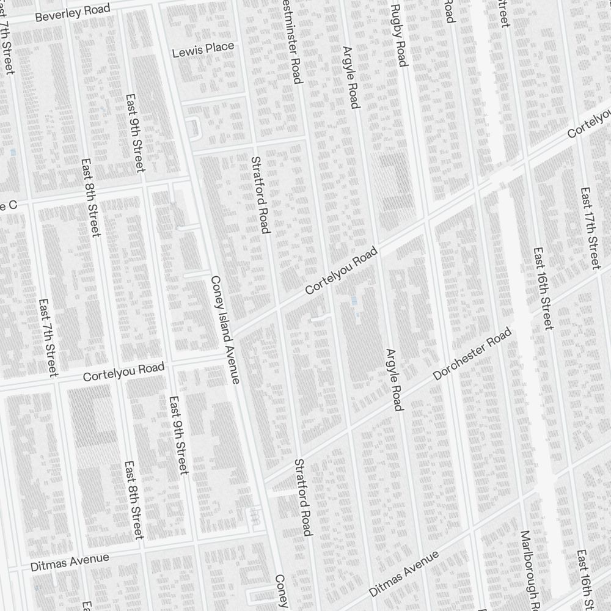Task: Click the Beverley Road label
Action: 73,13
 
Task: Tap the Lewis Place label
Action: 203,49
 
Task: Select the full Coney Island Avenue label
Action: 224,330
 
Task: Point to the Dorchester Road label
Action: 472,354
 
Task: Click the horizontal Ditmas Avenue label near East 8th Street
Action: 70,562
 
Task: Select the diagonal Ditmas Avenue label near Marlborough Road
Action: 404,574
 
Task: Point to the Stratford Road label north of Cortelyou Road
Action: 260,194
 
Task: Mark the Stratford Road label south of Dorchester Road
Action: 303,497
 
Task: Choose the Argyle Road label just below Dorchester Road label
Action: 394,379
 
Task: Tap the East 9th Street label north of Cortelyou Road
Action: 135,133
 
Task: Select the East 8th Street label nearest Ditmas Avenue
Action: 133,500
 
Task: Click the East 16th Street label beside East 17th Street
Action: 543,288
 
